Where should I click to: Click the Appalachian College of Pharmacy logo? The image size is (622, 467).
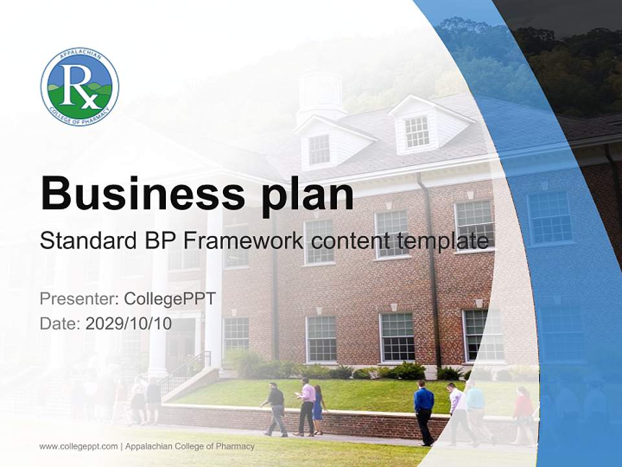pos(80,86)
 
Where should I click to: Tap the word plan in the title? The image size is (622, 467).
pos(308,195)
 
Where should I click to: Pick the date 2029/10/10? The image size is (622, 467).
pos(129,324)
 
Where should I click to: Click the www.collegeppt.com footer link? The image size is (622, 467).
pos(78,446)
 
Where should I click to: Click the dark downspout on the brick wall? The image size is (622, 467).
pos(432,272)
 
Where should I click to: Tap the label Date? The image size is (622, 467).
pos(60,324)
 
